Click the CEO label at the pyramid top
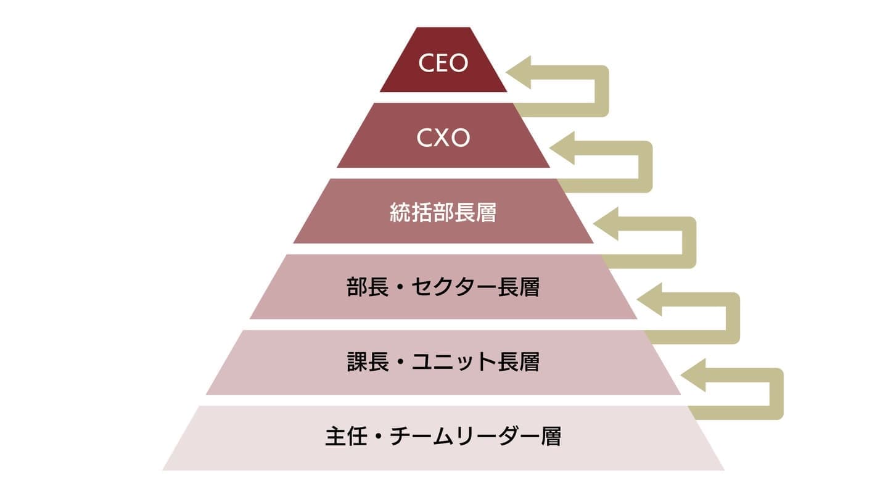pyautogui.click(x=443, y=63)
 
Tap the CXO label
pyautogui.click(x=443, y=138)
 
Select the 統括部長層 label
pyautogui.click(x=443, y=213)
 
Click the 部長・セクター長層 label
pyautogui.click(x=443, y=288)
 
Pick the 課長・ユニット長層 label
pyautogui.click(x=443, y=363)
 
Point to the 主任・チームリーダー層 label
pyautogui.click(x=443, y=437)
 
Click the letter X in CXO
pyautogui.click(x=443, y=138)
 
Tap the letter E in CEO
pyautogui.click(x=443, y=63)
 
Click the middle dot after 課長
pyautogui.click(x=400, y=363)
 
